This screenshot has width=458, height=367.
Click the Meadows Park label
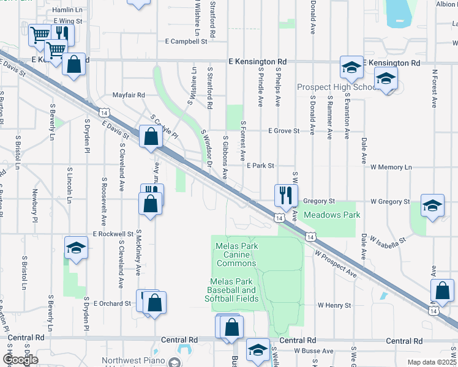pyautogui.click(x=332, y=215)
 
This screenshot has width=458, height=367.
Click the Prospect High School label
pyautogui.click(x=337, y=87)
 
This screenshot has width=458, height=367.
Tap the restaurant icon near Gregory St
pyautogui.click(x=286, y=196)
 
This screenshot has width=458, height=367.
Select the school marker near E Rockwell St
pyautogui.click(x=76, y=248)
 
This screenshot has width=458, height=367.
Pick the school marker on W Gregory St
pyautogui.click(x=432, y=206)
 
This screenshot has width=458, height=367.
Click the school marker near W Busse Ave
pyautogui.click(x=258, y=350)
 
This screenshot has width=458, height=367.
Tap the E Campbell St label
pyautogui.click(x=186, y=42)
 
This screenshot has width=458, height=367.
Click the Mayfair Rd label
pyautogui.click(x=129, y=95)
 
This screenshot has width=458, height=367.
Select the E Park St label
pyautogui.click(x=260, y=166)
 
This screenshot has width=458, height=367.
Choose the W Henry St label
pyautogui.click(x=334, y=305)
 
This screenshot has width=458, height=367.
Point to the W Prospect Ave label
pyautogui.click(x=336, y=264)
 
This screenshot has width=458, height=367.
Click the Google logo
pyautogui.click(x=21, y=359)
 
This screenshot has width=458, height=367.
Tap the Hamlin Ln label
pyautogui.click(x=67, y=10)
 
